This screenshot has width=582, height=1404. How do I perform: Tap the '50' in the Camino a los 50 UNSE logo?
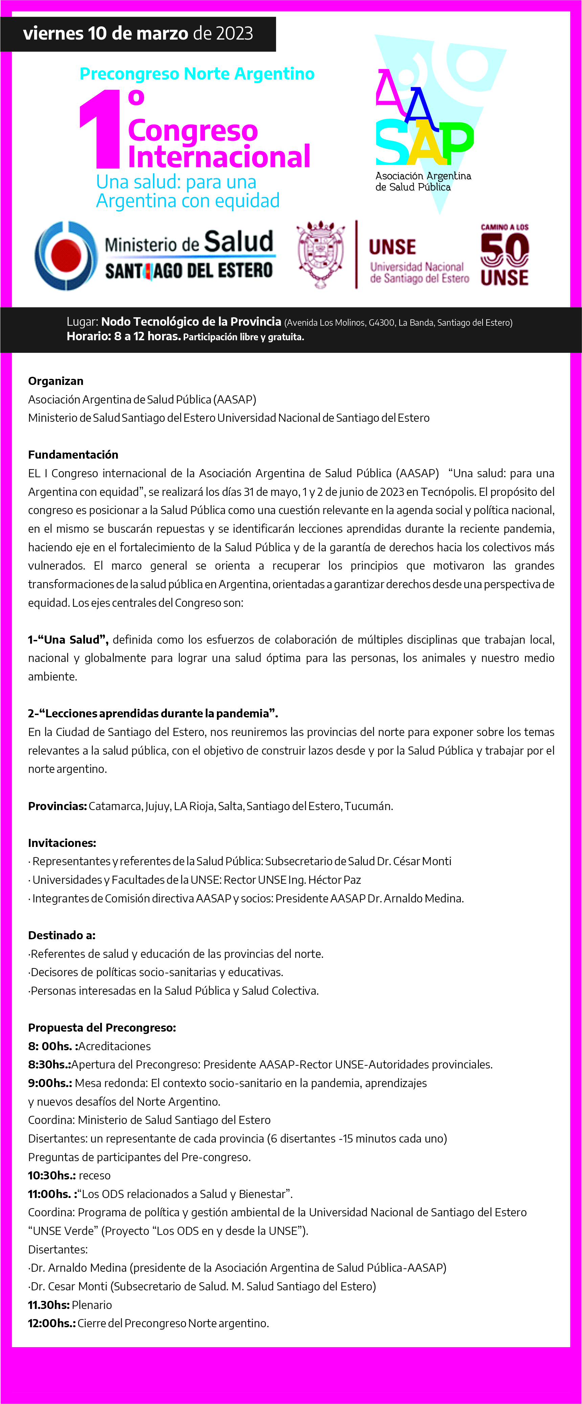(505, 250)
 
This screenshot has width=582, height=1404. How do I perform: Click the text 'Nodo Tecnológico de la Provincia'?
(191, 322)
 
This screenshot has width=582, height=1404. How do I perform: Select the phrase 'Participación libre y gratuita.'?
(243, 337)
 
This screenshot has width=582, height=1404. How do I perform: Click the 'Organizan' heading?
(55, 381)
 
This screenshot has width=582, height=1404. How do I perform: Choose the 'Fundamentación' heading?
(73, 455)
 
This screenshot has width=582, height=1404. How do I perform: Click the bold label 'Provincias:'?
(57, 806)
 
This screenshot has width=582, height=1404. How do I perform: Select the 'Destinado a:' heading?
(62, 935)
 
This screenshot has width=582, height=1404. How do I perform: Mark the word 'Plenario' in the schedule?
(92, 1305)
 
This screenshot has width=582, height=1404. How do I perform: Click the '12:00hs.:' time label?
(52, 1324)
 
